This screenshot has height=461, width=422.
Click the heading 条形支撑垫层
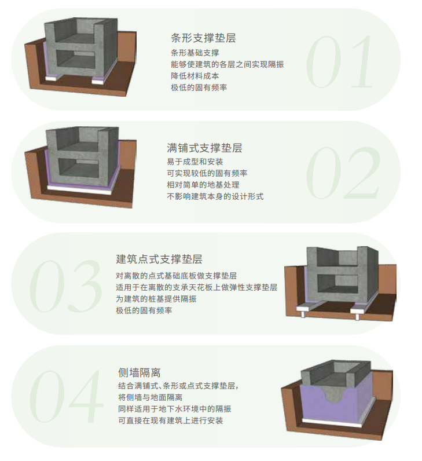(x=203, y=38)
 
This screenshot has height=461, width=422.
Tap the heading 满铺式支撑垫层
(x=204, y=148)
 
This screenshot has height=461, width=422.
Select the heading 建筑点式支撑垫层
(x=159, y=259)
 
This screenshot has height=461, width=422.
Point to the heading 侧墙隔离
(x=140, y=372)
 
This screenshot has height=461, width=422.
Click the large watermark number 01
(x=339, y=62)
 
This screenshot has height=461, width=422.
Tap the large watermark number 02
(x=343, y=173)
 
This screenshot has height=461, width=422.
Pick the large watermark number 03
(x=66, y=286)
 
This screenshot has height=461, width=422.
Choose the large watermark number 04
(x=66, y=396)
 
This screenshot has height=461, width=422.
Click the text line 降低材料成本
(x=195, y=76)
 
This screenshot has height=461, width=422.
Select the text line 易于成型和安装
(x=195, y=162)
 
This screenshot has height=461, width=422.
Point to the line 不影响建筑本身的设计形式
(x=215, y=196)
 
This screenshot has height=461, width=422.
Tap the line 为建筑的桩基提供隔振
(x=156, y=299)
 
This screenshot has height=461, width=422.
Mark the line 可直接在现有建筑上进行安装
(x=170, y=420)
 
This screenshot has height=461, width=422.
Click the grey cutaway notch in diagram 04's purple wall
(x=333, y=394)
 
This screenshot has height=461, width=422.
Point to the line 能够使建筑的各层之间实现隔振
(x=227, y=64)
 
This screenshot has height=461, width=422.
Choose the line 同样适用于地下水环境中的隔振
(x=175, y=409)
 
